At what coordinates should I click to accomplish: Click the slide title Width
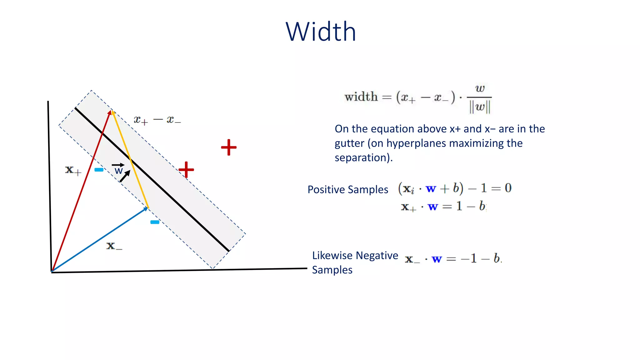(321, 32)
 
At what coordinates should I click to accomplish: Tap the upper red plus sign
(229, 147)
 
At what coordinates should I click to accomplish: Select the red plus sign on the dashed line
(186, 170)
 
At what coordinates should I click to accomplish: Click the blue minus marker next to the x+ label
(99, 170)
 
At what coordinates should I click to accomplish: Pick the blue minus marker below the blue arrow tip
(155, 222)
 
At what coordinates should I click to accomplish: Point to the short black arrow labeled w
(125, 176)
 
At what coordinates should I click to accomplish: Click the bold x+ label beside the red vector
(73, 170)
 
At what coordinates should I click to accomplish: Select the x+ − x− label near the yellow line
(157, 120)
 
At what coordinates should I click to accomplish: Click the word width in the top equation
(361, 97)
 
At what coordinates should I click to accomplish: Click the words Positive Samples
(347, 190)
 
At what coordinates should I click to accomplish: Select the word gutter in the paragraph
(349, 143)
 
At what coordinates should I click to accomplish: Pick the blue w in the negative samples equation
(437, 259)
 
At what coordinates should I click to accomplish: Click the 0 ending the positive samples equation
(508, 188)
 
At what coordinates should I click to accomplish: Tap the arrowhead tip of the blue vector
(147, 208)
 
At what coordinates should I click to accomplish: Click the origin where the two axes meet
(52, 272)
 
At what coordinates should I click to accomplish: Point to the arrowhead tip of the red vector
(110, 111)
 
